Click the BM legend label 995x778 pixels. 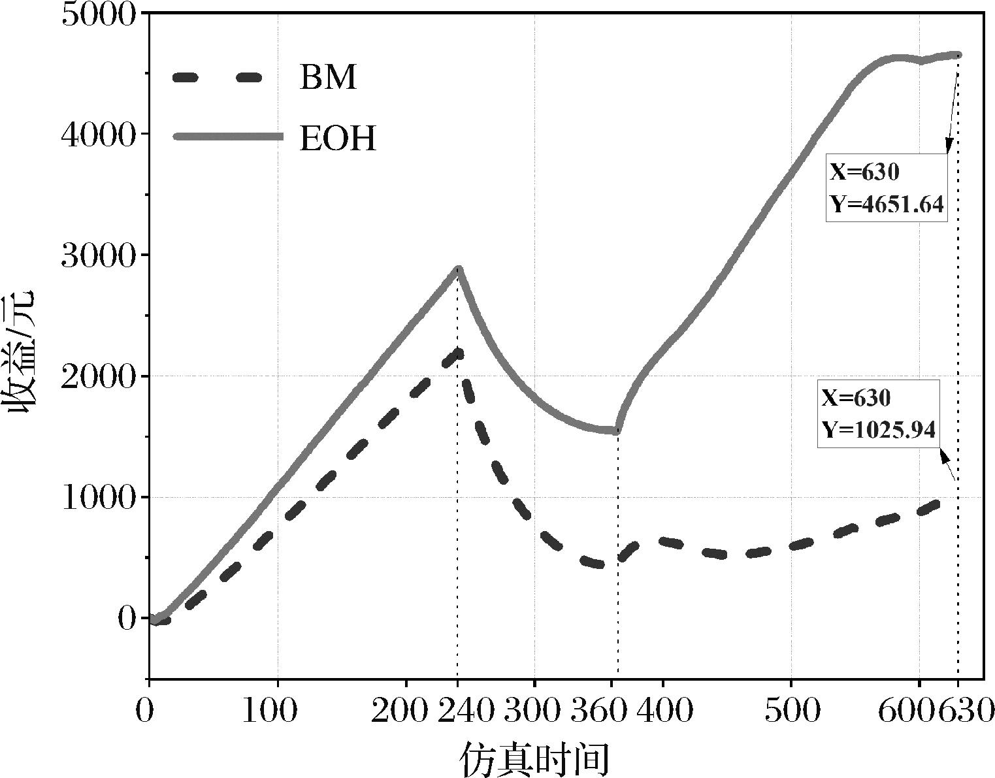[x=328, y=77]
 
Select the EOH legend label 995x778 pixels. [x=338, y=138]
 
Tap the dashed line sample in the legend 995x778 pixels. [x=217, y=77]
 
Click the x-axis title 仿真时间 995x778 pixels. [x=534, y=758]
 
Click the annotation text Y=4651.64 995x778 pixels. [x=887, y=204]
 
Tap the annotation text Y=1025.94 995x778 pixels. [x=878, y=429]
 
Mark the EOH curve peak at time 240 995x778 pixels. [x=458, y=268]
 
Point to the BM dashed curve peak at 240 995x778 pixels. [x=458, y=353]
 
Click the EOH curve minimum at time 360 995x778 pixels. [x=616, y=430]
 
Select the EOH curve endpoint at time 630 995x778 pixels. [x=958, y=55]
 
